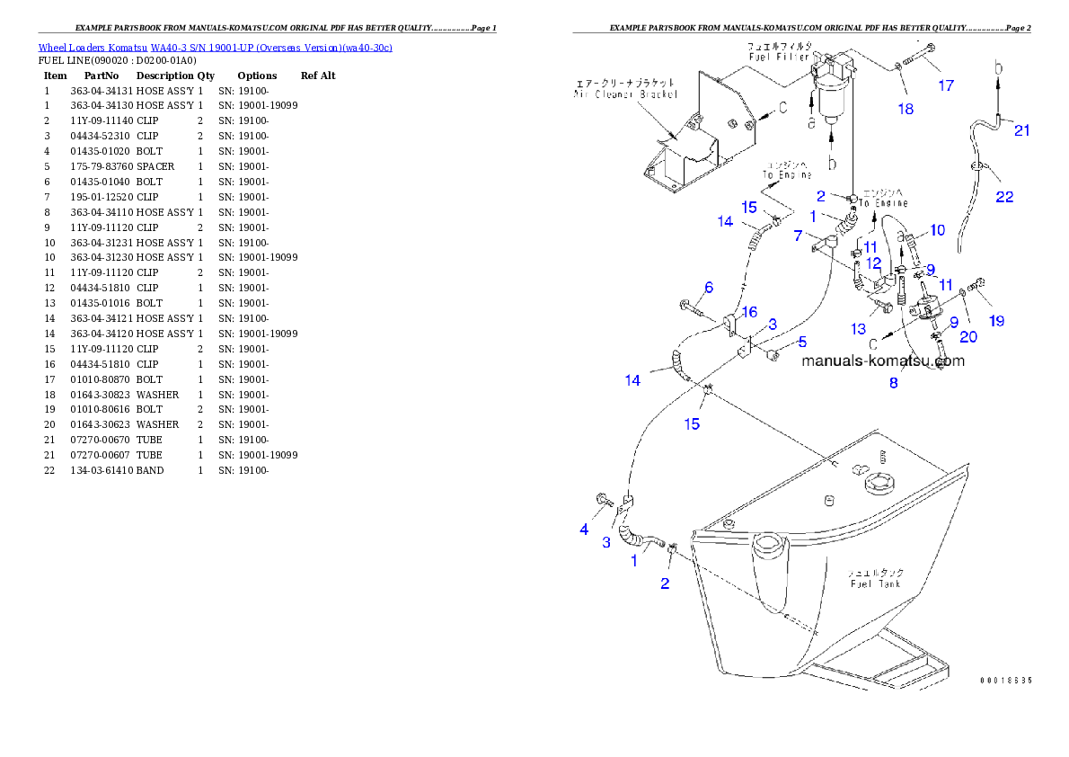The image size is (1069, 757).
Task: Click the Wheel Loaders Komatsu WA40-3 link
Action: click(215, 48)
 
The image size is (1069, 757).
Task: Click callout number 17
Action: click(946, 86)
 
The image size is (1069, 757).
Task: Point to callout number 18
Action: click(905, 109)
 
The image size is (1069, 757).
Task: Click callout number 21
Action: click(1021, 130)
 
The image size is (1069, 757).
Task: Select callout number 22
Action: click(1004, 197)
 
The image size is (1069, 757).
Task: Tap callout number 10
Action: click(937, 230)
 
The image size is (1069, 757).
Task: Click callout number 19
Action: click(996, 321)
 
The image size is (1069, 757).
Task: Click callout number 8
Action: click(893, 383)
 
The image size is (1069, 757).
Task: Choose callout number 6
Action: click(709, 288)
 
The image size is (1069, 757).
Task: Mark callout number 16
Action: click(749, 312)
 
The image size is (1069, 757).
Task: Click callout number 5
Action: click(802, 342)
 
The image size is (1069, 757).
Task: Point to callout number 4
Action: click(584, 530)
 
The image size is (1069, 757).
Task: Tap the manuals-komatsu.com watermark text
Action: click(882, 361)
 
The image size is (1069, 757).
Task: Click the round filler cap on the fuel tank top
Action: click(877, 485)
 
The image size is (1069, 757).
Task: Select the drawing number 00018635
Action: click(1005, 681)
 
